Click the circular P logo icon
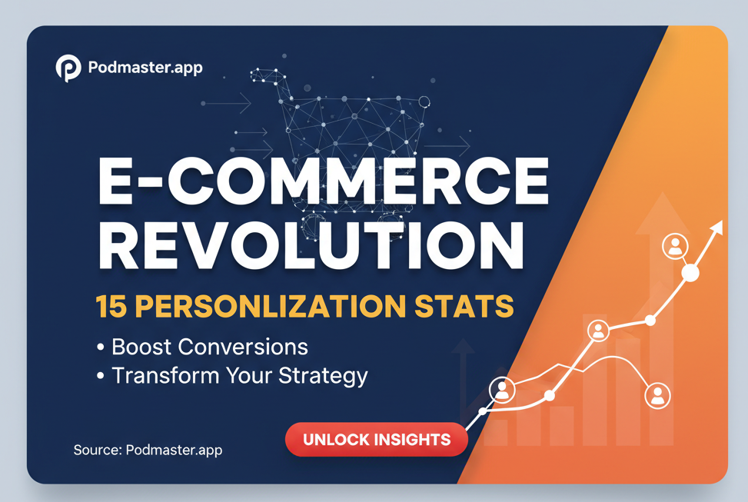coord(68,68)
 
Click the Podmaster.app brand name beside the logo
coord(145,68)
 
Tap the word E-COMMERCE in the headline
coord(324,181)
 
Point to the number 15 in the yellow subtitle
coord(111,306)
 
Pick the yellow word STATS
coord(464,306)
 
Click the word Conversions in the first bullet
coord(243,347)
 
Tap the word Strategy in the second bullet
coord(323,377)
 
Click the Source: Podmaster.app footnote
coord(148,450)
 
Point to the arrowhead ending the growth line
coord(716,228)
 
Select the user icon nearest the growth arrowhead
coord(675,246)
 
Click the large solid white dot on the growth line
coord(690,274)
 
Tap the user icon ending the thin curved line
coord(657,396)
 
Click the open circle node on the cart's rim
coord(424,101)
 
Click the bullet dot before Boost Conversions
coord(100,347)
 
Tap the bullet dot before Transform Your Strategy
coord(100,376)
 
